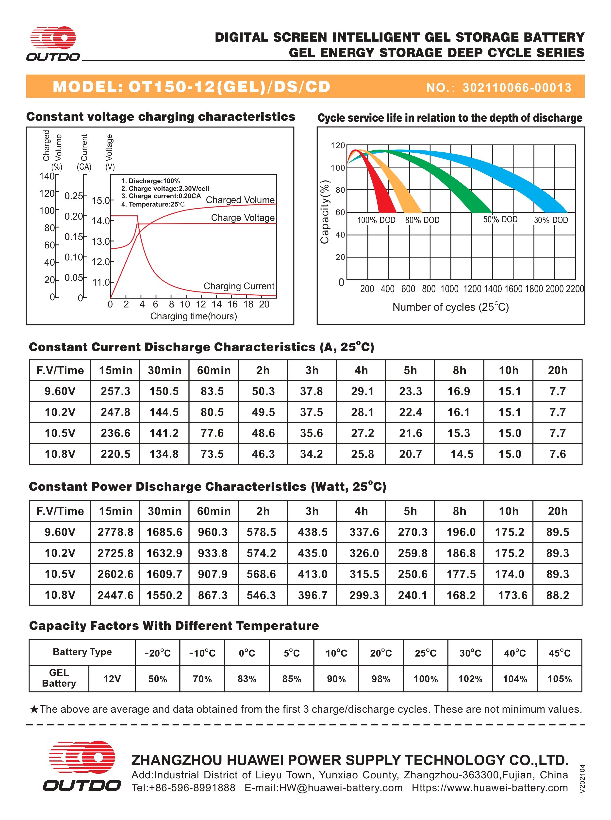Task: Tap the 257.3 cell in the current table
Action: point(116,391)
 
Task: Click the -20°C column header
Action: point(158,653)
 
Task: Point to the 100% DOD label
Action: point(376,220)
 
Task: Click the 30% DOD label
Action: point(551,220)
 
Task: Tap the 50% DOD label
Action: point(500,219)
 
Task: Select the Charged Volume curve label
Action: point(240,200)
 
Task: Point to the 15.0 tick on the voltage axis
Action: point(100,201)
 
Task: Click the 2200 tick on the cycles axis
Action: point(575,289)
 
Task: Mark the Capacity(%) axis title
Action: point(325,212)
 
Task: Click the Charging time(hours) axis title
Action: point(193,316)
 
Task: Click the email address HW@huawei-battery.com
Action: point(341,788)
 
